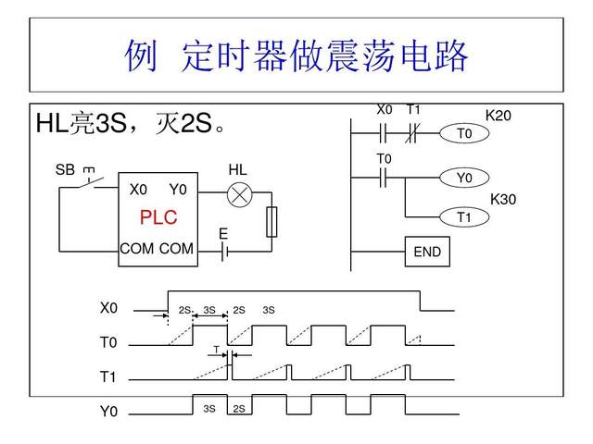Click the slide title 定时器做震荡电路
[296, 56]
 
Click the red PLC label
[158, 218]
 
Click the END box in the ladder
[427, 252]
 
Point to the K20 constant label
[498, 116]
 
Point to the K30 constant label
[503, 199]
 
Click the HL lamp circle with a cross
[240, 194]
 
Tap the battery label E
[223, 234]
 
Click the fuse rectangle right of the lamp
[271, 222]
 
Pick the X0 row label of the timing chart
[109, 307]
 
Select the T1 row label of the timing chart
[109, 377]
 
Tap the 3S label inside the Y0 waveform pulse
[209, 408]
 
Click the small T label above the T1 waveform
[216, 349]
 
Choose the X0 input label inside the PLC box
[138, 190]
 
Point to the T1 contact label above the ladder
[413, 109]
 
